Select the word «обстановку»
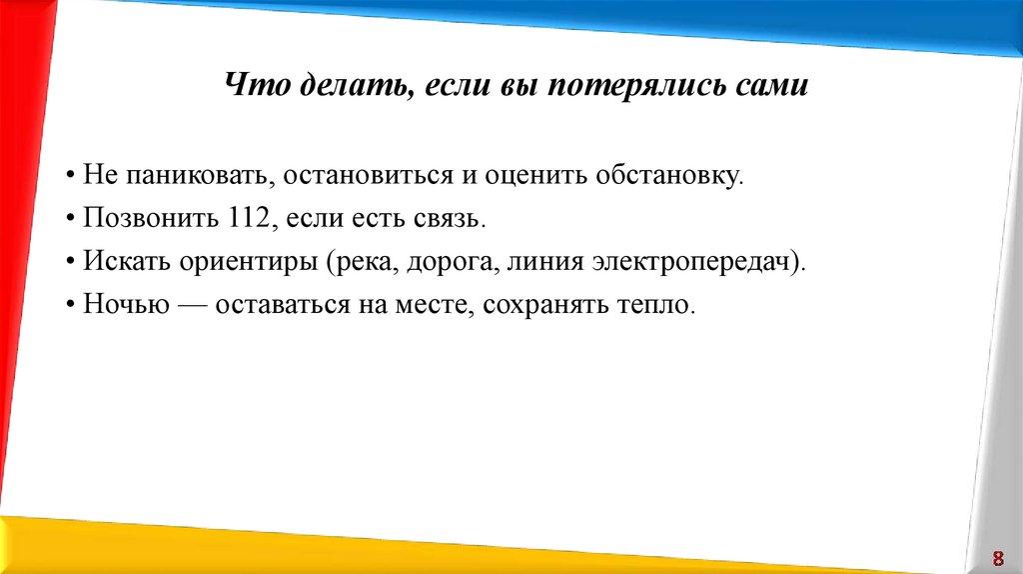click(x=681, y=176)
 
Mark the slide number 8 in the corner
click(x=996, y=557)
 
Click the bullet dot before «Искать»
click(x=74, y=262)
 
